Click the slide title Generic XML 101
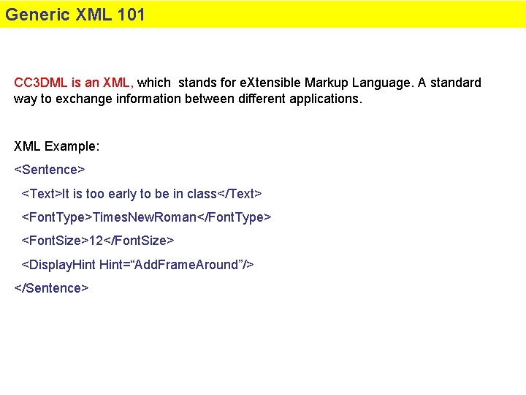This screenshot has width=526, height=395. coord(75,15)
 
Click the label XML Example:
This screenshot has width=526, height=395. coord(57,146)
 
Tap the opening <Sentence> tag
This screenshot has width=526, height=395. coord(50,170)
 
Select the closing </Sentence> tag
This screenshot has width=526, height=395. coord(51,288)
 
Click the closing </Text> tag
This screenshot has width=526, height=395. coord(240,194)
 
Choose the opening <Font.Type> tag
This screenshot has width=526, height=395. coord(56,217)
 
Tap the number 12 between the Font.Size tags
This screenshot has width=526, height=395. coord(96,241)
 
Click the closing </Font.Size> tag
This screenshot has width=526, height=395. coord(140,241)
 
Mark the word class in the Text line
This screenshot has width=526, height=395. coord(202,194)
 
